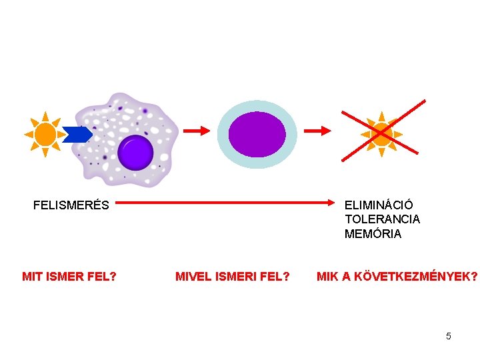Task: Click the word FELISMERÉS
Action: click(71, 205)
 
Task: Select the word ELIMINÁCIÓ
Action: click(379, 205)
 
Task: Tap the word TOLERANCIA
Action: click(382, 219)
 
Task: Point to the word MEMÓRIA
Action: click(373, 234)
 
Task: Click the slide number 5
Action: click(449, 336)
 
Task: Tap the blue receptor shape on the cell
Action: click(77, 135)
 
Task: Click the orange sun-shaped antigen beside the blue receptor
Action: click(45, 135)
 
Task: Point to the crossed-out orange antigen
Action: click(382, 134)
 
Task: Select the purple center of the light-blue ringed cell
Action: click(257, 134)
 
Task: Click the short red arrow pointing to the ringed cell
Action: click(197, 131)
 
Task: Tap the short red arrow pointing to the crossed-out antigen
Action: click(317, 131)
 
